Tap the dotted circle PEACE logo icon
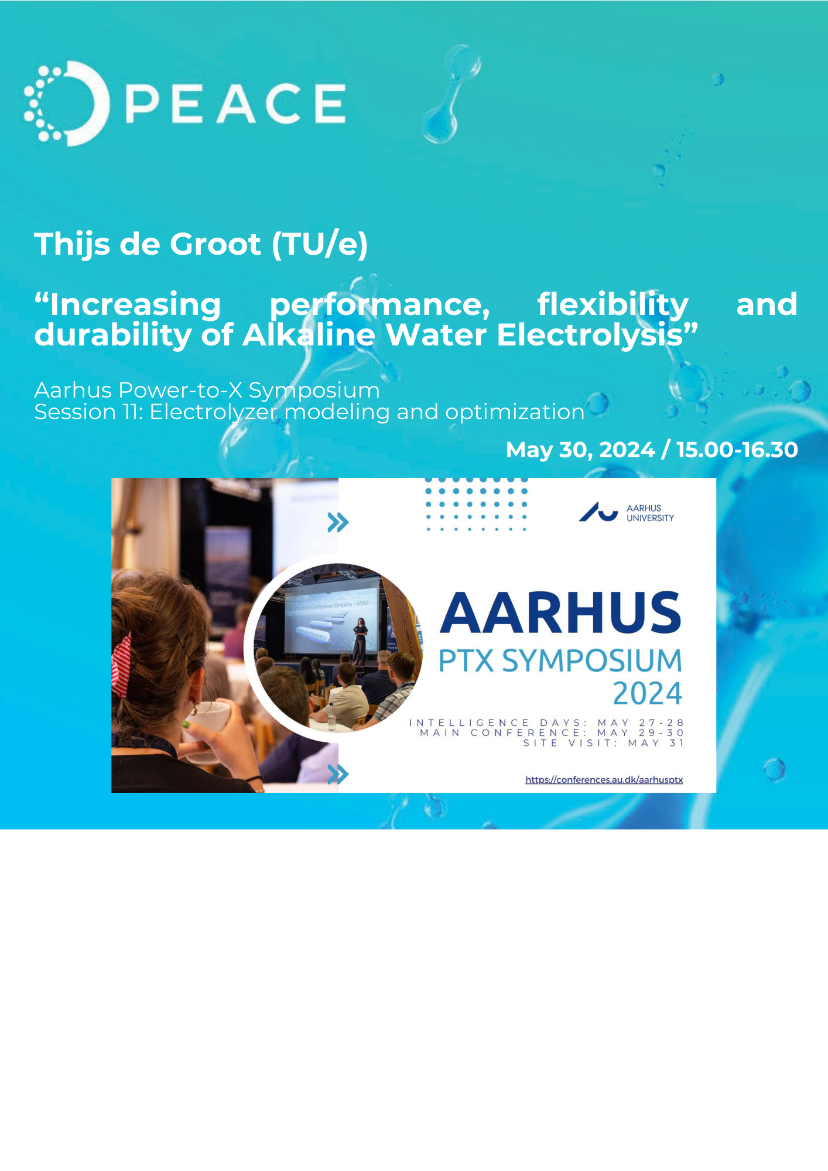coord(66,104)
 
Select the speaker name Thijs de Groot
coord(147,244)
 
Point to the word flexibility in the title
coord(613,304)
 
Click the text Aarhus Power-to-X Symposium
coord(207,390)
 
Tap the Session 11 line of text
coord(309,412)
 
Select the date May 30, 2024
coord(580,450)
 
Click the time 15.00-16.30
coord(737,450)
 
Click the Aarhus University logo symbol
coord(598,512)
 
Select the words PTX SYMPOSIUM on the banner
coord(560,660)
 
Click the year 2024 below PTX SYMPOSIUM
coord(647,694)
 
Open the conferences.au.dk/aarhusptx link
coord(604,780)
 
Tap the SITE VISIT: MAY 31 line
coord(603,743)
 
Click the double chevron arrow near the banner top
coord(338,522)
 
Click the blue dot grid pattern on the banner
coord(475,504)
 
